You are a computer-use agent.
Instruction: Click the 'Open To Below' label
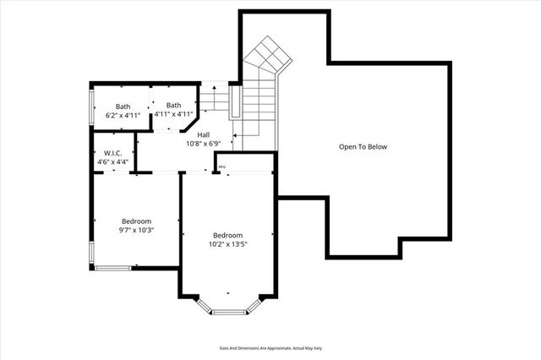pos(363,147)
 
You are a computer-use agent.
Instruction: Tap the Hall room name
pos(204,134)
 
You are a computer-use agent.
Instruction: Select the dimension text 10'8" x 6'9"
pos(204,144)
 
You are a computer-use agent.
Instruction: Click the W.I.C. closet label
pos(112,153)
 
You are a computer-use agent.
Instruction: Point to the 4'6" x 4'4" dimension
pos(112,161)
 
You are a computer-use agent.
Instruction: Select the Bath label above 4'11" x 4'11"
pos(173,105)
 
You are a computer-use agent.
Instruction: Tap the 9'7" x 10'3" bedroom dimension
pos(135,230)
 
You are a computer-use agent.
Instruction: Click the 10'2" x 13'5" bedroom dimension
pos(227,244)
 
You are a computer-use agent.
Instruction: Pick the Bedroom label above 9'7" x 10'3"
pos(135,221)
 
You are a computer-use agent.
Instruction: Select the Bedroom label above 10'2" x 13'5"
pos(227,235)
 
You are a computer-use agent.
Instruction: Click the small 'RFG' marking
pos(222,167)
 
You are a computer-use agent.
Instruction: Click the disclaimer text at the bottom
pos(270,347)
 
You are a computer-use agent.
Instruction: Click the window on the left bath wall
pos(92,106)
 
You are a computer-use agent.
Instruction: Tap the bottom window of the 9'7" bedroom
pos(112,268)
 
